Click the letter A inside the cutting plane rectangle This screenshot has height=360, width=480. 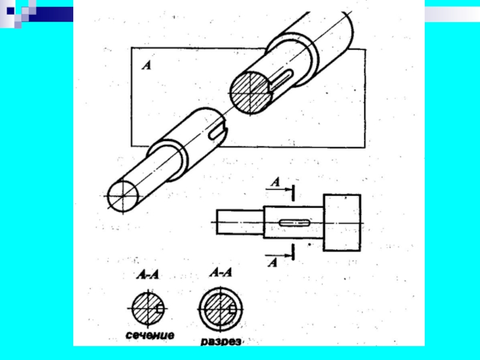tap(146, 65)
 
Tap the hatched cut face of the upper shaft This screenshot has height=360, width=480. tap(250, 93)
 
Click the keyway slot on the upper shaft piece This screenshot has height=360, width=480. tap(281, 79)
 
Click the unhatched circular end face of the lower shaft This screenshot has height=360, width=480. tap(123, 196)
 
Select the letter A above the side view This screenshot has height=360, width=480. tap(275, 182)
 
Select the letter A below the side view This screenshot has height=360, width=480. tap(272, 262)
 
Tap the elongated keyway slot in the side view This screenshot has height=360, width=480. tap(295, 223)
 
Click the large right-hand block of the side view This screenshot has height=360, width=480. tap(342, 223)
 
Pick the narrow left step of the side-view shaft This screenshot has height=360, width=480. tap(240, 222)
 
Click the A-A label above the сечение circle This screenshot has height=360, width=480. tap(148, 275)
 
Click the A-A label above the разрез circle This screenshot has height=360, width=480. tap(221, 272)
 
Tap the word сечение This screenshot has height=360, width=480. tap(150, 335)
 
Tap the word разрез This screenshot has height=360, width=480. tap(221, 341)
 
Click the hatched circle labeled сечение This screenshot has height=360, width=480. tap(148, 308)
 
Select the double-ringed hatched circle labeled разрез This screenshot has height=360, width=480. tap(220, 309)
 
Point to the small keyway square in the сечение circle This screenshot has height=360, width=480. tap(160, 309)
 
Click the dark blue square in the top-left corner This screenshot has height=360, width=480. tap(10, 11)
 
